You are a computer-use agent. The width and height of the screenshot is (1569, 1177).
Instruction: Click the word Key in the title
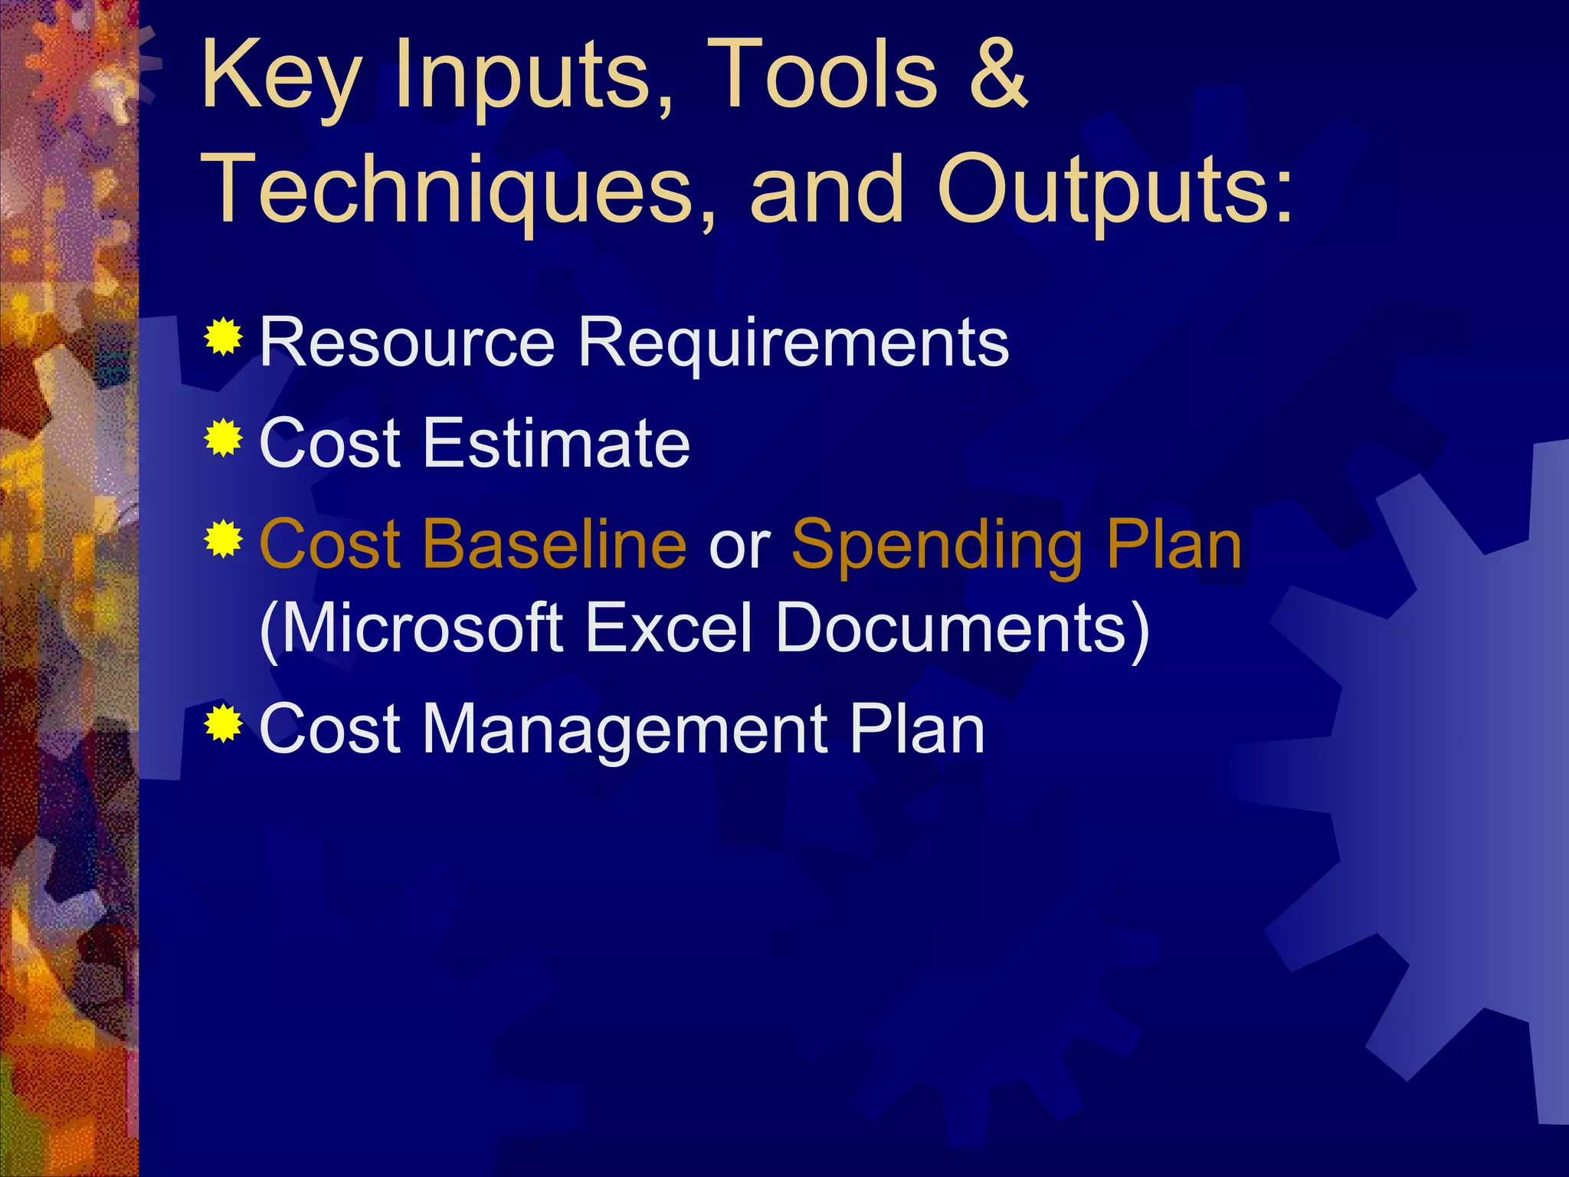(280, 77)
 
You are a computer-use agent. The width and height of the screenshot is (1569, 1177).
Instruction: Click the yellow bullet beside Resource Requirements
(224, 336)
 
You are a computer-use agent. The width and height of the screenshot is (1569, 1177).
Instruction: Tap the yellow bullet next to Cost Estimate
(224, 438)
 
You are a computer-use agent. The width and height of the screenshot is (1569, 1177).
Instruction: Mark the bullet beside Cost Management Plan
(224, 723)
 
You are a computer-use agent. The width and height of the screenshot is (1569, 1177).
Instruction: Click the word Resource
(407, 343)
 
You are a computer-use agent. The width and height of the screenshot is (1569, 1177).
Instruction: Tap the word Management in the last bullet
(625, 730)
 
